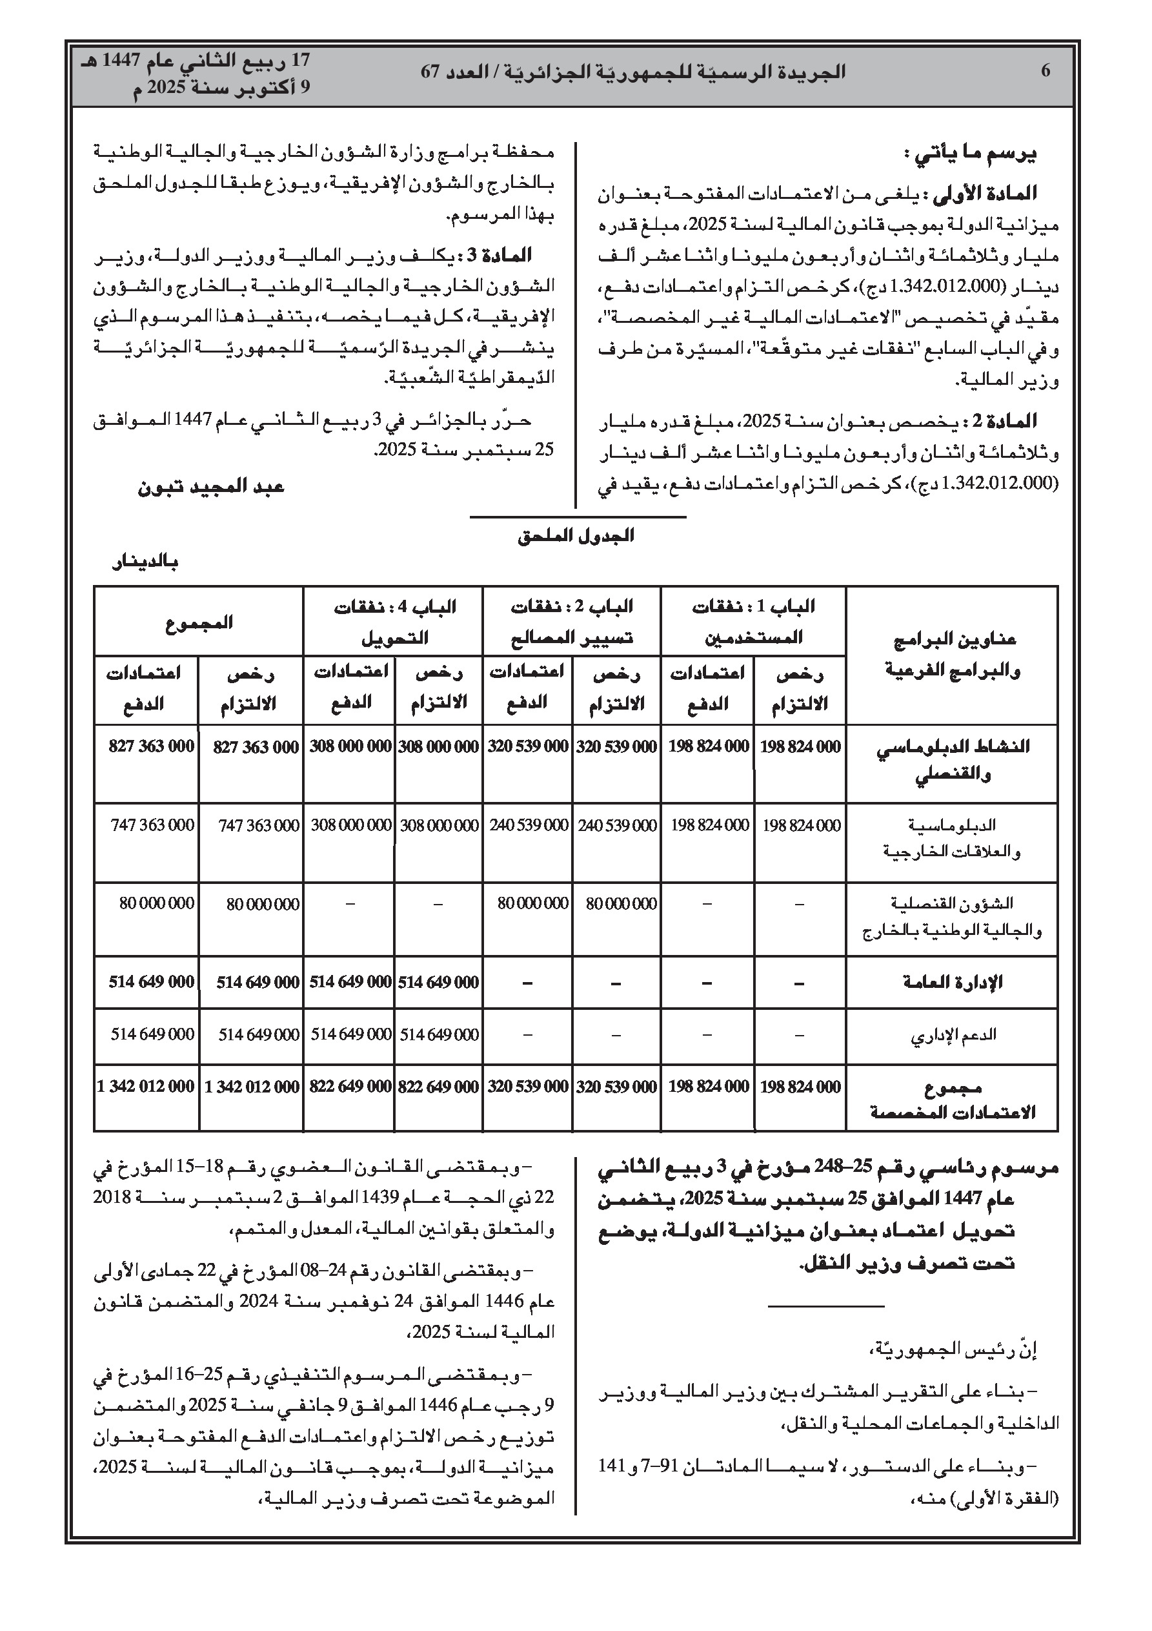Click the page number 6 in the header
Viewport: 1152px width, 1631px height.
(1045, 71)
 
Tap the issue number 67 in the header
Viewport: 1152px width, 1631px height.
(432, 72)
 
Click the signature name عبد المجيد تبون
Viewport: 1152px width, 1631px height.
(211, 487)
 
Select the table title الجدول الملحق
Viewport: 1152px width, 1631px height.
(575, 537)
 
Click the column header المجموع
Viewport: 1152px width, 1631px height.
(199, 623)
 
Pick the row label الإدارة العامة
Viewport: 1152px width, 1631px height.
(952, 983)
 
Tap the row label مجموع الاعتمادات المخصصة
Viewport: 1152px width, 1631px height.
(953, 1100)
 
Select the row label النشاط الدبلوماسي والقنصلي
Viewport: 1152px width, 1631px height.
(953, 760)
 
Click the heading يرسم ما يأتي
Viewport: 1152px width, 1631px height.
(970, 154)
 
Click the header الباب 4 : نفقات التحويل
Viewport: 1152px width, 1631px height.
(395, 622)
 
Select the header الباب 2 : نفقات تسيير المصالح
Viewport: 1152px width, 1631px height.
(572, 622)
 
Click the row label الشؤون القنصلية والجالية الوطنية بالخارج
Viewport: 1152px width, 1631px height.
(953, 917)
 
